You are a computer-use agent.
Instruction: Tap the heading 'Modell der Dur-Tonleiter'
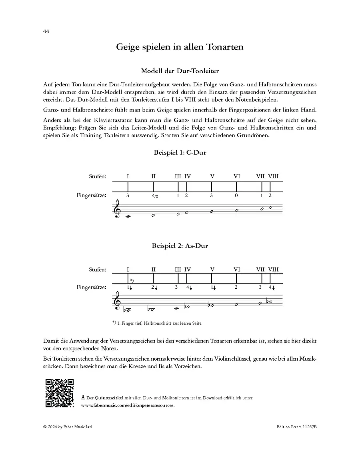(180, 71)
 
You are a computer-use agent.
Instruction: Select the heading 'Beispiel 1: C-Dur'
(180, 153)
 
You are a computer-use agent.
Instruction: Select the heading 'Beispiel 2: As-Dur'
(180, 245)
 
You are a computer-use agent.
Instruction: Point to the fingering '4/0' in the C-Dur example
(154, 196)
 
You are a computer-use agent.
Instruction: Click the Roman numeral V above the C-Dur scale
(212, 176)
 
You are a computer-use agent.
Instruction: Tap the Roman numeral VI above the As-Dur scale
(237, 269)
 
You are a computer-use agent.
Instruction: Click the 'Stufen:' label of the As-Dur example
(98, 269)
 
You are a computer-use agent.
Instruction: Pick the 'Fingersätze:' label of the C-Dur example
(92, 196)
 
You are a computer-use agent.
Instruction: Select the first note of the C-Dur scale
(128, 217)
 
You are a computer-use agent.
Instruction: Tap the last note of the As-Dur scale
(270, 302)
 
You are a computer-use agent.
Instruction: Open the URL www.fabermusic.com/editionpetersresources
(128, 405)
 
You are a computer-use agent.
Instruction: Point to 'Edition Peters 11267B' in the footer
(296, 427)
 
